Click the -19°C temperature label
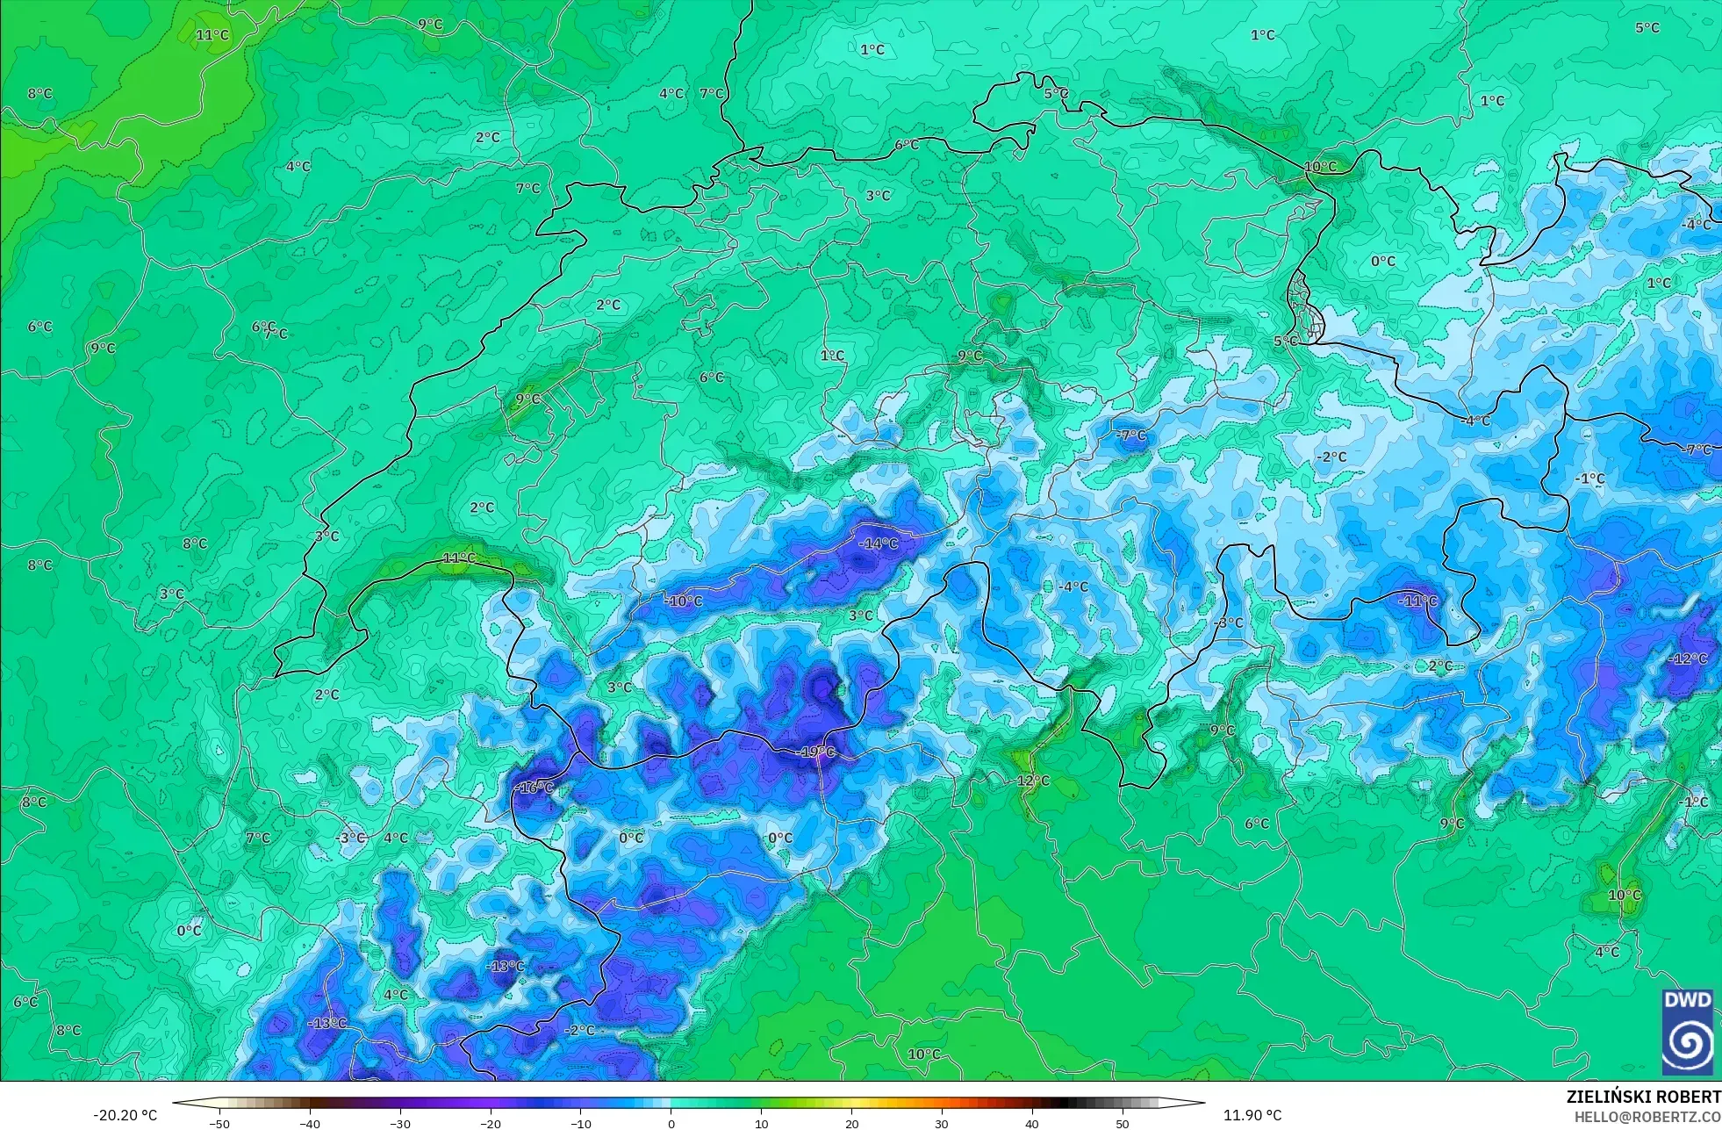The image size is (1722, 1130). tap(815, 752)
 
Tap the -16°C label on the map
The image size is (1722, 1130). tap(535, 788)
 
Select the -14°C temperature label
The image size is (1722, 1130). tap(879, 543)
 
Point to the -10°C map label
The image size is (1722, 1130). tap(684, 601)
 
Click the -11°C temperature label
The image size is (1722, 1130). tap(1418, 601)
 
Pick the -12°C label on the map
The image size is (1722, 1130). tap(1689, 659)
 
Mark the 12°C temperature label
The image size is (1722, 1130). tap(1033, 781)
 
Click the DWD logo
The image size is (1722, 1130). tap(1688, 1032)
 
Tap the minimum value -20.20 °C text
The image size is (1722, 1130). tap(126, 1115)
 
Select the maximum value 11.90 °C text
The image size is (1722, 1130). tap(1252, 1115)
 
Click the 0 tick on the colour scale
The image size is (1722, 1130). tap(671, 1124)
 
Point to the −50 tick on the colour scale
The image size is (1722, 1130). tap(219, 1124)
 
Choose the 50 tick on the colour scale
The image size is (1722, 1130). tap(1123, 1124)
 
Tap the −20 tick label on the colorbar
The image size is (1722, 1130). tap(490, 1124)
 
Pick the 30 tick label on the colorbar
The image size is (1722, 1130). tap(942, 1124)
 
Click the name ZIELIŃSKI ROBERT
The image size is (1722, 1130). tap(1643, 1097)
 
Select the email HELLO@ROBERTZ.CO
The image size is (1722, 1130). tap(1647, 1117)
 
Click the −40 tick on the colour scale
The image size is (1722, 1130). tap(310, 1124)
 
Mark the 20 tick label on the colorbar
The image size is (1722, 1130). tap(851, 1124)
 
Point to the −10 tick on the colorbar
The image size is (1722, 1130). tap(580, 1124)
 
